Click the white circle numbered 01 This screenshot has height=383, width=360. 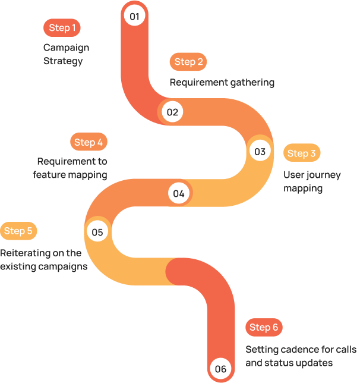coord(134,16)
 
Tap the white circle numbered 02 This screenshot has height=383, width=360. coord(172,112)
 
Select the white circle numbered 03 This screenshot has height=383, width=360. coord(260,152)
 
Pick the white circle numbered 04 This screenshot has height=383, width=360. coord(179,193)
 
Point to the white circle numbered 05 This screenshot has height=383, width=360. coord(97,232)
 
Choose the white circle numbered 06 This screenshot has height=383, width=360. coord(220,369)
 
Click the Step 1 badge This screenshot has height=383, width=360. coord(62,28)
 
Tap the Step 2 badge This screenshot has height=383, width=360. coord(188,62)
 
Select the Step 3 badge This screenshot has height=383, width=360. coord(301,153)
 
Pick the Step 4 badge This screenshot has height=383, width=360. coord(88,142)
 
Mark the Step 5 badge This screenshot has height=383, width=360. coord(18,231)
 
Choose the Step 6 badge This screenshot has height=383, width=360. coord(264,327)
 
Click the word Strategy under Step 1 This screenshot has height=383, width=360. coord(63,61)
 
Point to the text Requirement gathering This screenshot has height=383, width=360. coord(222,82)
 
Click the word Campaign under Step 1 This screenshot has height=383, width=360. coord(66,48)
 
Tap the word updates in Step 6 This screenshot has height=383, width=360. coord(315,363)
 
